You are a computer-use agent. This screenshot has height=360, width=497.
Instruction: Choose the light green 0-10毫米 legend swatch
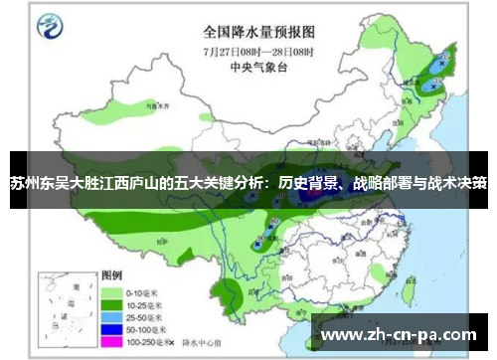pyautogui.click(x=110, y=290)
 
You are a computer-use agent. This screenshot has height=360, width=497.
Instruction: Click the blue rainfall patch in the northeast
pyautogui.click(x=429, y=84)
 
